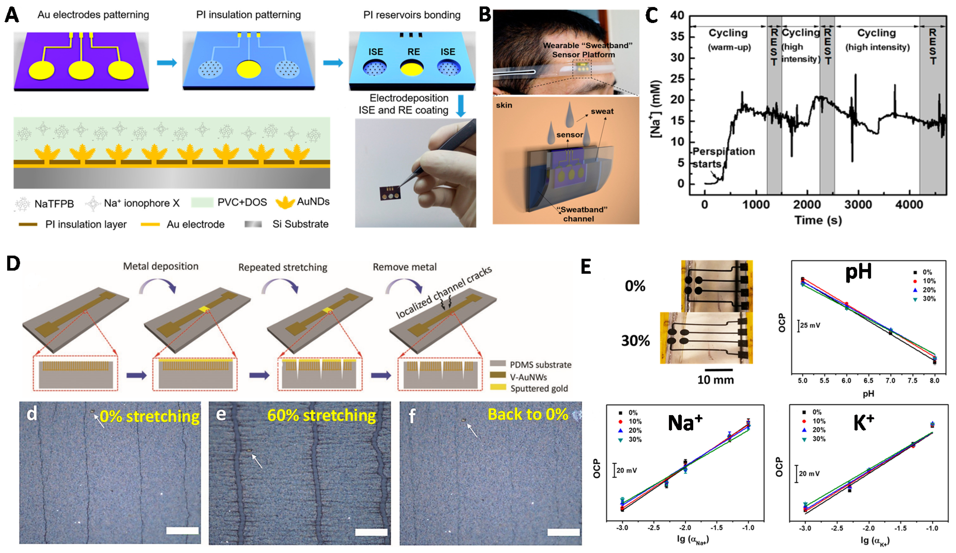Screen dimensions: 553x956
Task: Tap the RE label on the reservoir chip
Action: point(414,52)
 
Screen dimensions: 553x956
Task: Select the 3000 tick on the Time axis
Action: point(858,205)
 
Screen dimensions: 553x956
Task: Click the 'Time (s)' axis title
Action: point(818,220)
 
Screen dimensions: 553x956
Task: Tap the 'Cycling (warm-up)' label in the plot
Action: point(728,40)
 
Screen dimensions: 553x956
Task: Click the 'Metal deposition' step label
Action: point(160,266)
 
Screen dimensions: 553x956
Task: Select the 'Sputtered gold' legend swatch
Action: point(498,387)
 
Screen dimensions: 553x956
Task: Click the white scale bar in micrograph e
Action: point(371,532)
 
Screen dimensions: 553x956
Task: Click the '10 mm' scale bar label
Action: point(715,379)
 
